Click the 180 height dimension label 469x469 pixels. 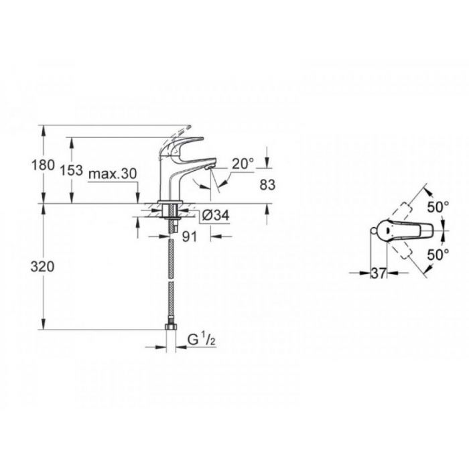(x=43, y=165)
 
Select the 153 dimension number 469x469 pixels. (x=72, y=170)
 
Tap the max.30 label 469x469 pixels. (x=113, y=174)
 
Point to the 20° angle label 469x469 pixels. (x=243, y=163)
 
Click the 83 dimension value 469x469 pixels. (x=267, y=185)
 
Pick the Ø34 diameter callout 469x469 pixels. (x=215, y=215)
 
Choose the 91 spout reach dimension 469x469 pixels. (x=190, y=237)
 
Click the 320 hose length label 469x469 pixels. (x=42, y=267)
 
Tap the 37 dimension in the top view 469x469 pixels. (x=379, y=273)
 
